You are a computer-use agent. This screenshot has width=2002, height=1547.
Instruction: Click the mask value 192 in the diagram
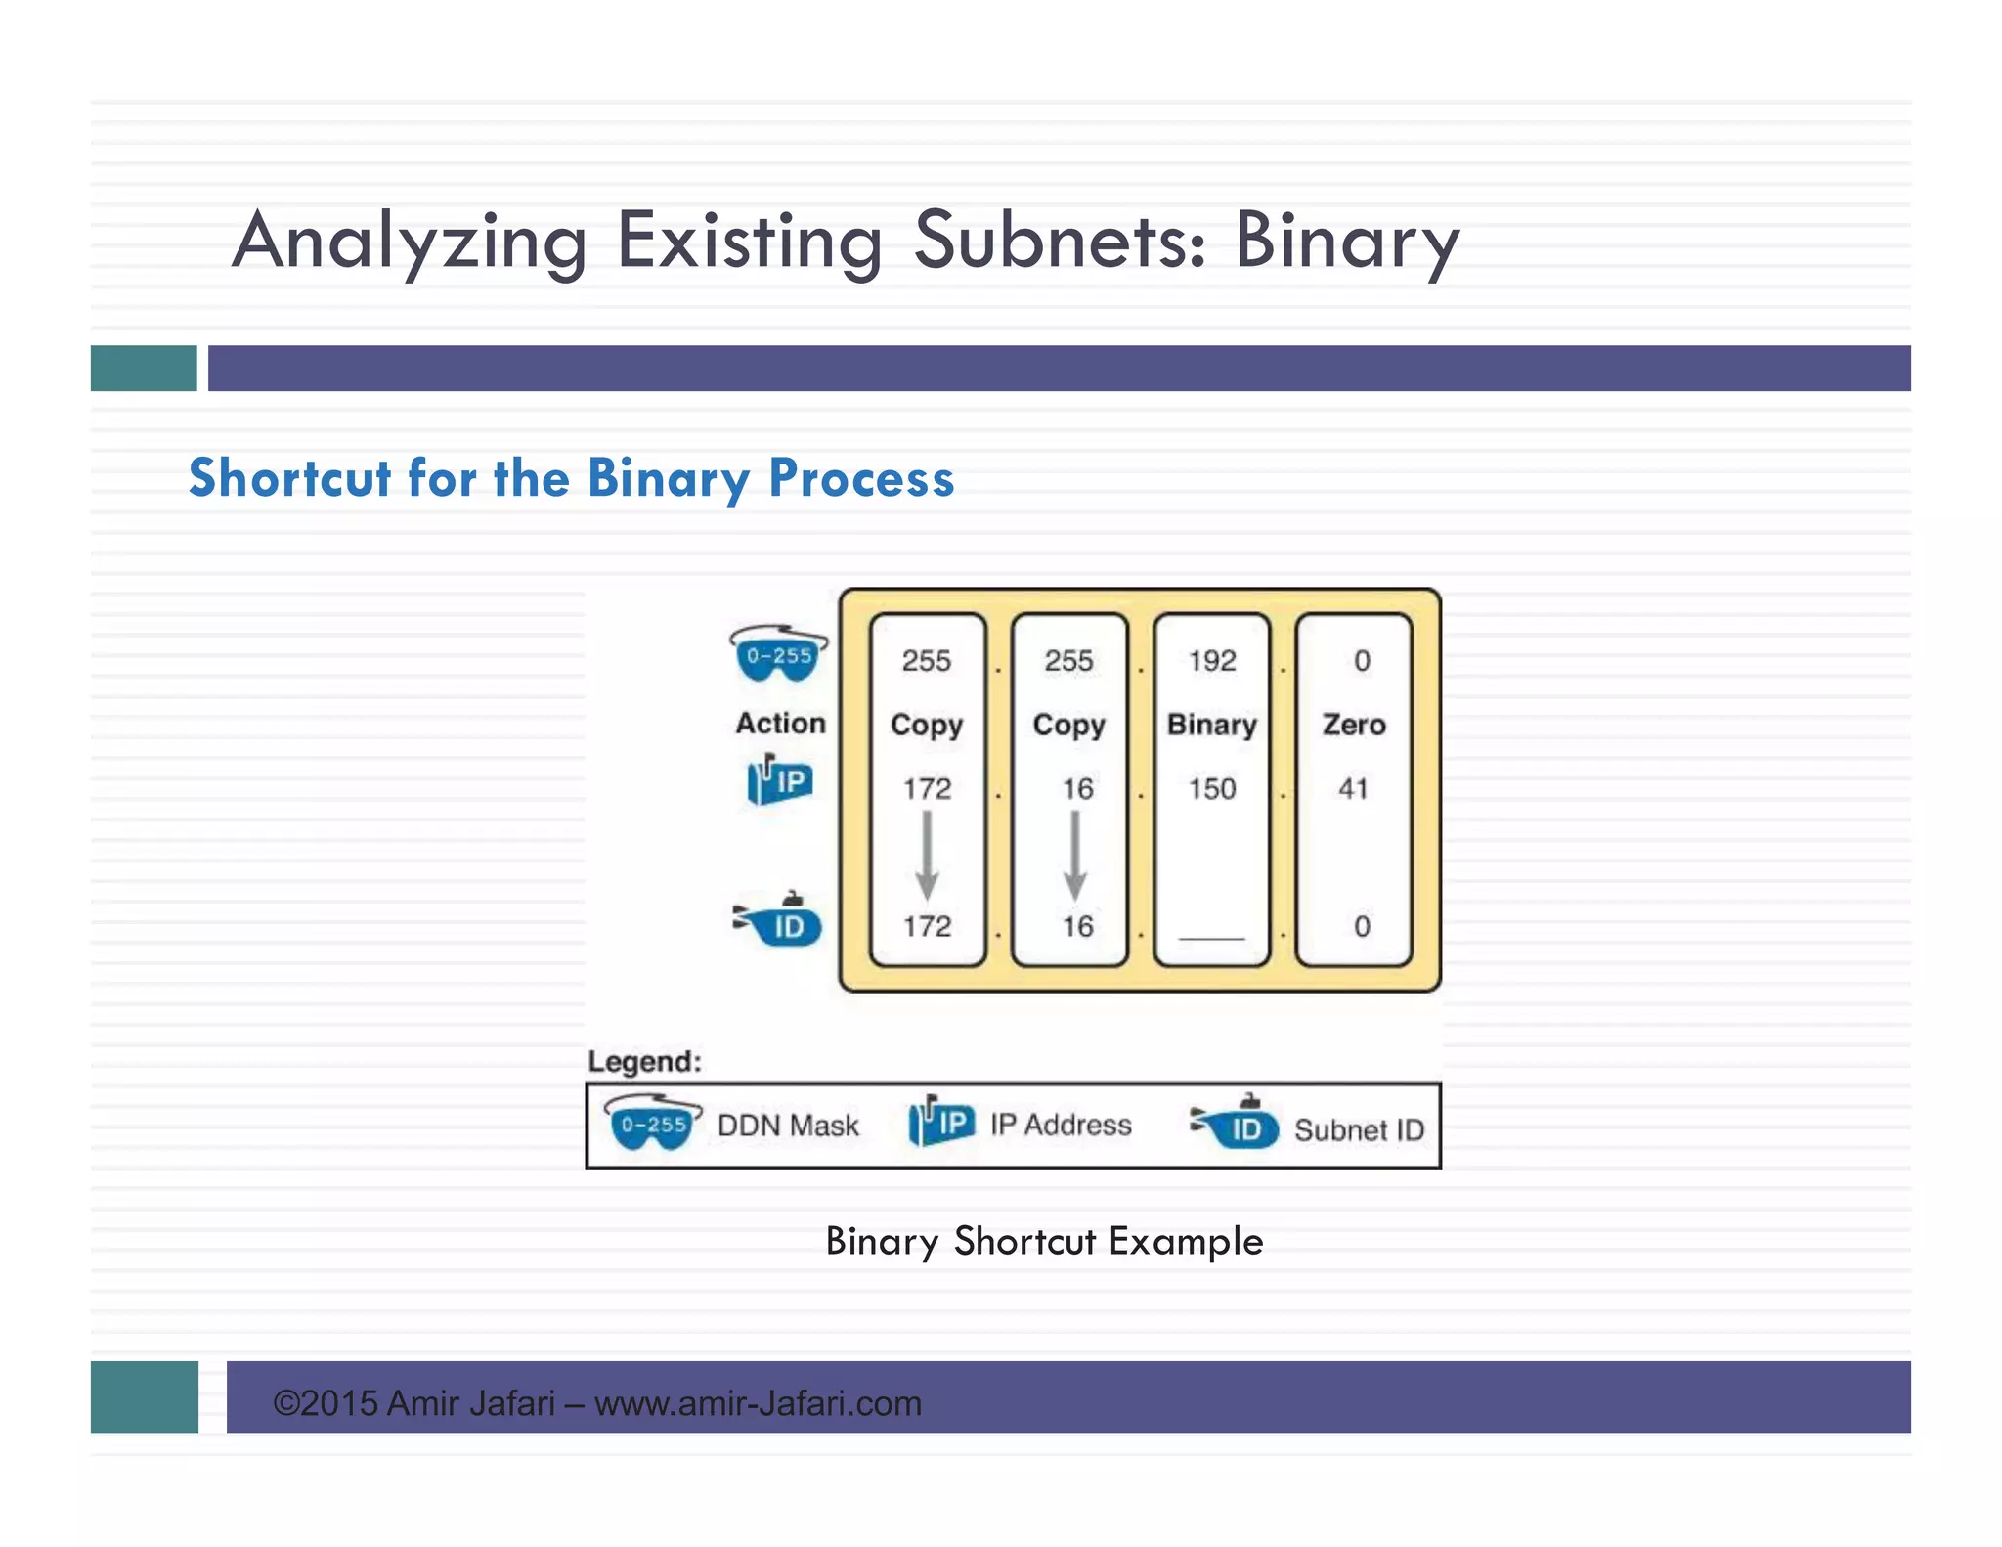[1212, 661]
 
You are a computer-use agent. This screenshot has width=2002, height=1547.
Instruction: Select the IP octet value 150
[1212, 788]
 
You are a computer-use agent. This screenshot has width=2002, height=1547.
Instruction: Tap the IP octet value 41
[1353, 788]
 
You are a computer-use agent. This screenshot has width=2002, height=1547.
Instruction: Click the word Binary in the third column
[1212, 725]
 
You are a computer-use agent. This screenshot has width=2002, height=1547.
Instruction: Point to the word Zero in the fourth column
[1354, 725]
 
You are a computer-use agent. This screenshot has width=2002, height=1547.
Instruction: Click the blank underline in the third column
[1212, 936]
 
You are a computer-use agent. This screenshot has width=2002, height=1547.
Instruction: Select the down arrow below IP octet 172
[927, 855]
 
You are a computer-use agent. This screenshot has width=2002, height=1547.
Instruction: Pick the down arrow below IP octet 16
[1075, 855]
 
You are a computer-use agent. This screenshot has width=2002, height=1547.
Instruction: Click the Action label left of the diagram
[780, 724]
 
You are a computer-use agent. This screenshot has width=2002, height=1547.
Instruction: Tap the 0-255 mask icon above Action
[779, 653]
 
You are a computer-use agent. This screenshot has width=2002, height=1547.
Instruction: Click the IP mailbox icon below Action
[779, 780]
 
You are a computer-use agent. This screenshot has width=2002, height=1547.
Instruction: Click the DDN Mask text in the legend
[788, 1126]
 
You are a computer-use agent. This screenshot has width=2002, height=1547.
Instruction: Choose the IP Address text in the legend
[1061, 1125]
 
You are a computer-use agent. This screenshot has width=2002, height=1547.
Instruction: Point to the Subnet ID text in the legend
[1359, 1130]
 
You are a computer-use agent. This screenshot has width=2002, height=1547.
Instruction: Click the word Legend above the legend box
[644, 1061]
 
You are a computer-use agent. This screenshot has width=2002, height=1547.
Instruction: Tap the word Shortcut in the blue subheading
[289, 478]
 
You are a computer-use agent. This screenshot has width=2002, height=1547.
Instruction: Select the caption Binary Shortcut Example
[1044, 1241]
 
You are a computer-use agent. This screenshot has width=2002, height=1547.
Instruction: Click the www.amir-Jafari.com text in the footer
[758, 1403]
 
